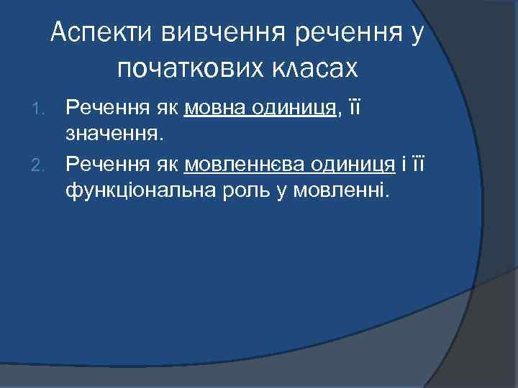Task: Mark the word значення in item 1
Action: [109, 133]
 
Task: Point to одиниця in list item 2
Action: [353, 165]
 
